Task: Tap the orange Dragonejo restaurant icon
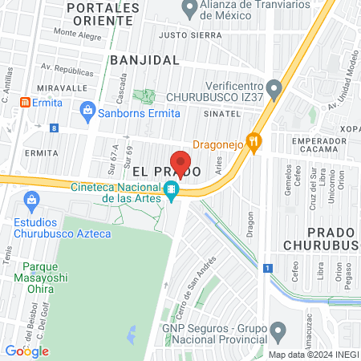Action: (x=255, y=142)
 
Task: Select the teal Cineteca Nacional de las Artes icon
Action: (x=171, y=191)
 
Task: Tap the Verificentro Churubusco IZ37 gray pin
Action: (x=274, y=87)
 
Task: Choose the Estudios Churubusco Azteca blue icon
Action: (x=32, y=199)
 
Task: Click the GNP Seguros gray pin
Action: (x=278, y=329)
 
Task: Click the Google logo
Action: (x=27, y=351)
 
